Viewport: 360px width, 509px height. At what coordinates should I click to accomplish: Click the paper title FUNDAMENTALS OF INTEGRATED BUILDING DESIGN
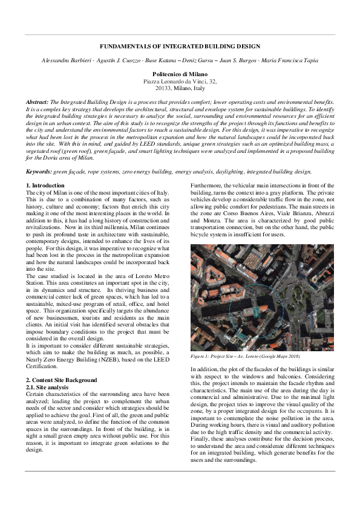(180, 47)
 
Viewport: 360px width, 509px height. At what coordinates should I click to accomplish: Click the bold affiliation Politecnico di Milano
(180, 73)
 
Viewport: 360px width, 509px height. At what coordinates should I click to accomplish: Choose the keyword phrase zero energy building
(146, 172)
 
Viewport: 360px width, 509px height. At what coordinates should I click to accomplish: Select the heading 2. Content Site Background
(61, 380)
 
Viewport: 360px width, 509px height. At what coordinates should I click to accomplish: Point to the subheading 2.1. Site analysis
(48, 386)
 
